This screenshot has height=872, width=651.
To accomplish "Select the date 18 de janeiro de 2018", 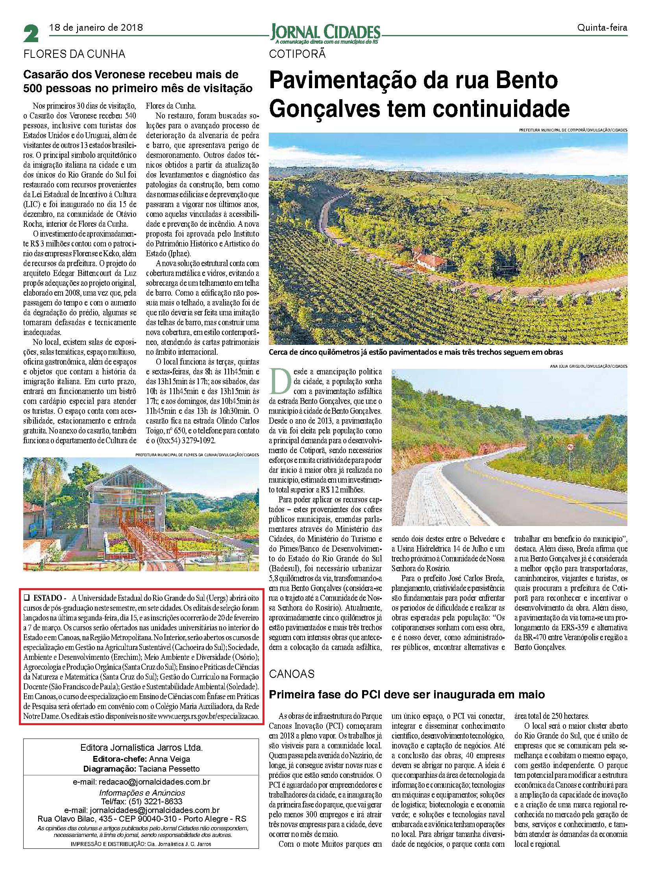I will (x=95, y=28).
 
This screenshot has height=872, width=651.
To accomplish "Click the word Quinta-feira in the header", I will (x=602, y=28).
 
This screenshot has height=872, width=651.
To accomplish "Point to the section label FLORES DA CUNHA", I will (x=74, y=54).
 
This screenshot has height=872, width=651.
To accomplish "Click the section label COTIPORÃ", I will (x=298, y=54).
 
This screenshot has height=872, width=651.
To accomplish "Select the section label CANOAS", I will (x=292, y=673).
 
